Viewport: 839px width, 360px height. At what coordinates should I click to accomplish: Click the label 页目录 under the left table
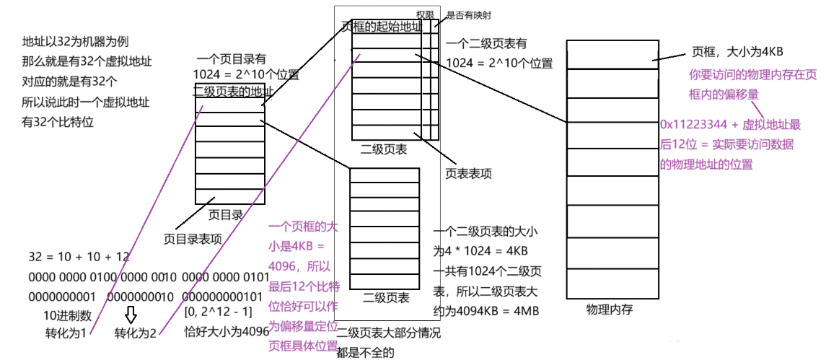click(x=225, y=214)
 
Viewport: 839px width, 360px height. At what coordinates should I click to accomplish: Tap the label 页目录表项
click(x=193, y=238)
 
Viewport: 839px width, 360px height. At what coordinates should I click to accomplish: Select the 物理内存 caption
click(x=610, y=309)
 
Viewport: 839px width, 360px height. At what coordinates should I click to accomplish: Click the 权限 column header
click(x=426, y=14)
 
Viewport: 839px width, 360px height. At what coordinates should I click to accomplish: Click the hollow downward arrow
click(x=131, y=315)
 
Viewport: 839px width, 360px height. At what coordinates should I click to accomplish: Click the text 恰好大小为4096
click(x=227, y=332)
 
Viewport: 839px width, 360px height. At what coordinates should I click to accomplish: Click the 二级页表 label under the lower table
click(x=386, y=297)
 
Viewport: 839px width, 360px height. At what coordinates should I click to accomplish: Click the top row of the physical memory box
click(x=612, y=54)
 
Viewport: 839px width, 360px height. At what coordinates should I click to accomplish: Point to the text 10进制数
click(x=67, y=315)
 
